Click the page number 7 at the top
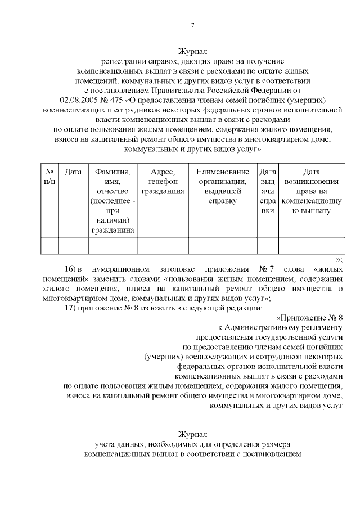point(192,25)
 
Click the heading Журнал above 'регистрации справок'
point(193,51)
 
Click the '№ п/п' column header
point(49,177)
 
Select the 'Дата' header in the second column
point(73,172)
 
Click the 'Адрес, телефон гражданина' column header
point(163,181)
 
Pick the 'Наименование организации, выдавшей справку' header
point(222,186)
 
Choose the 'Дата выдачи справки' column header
point(268,191)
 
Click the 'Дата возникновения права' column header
point(311,191)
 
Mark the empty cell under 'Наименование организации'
point(222,246)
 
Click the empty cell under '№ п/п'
point(49,246)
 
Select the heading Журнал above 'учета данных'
point(193,435)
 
